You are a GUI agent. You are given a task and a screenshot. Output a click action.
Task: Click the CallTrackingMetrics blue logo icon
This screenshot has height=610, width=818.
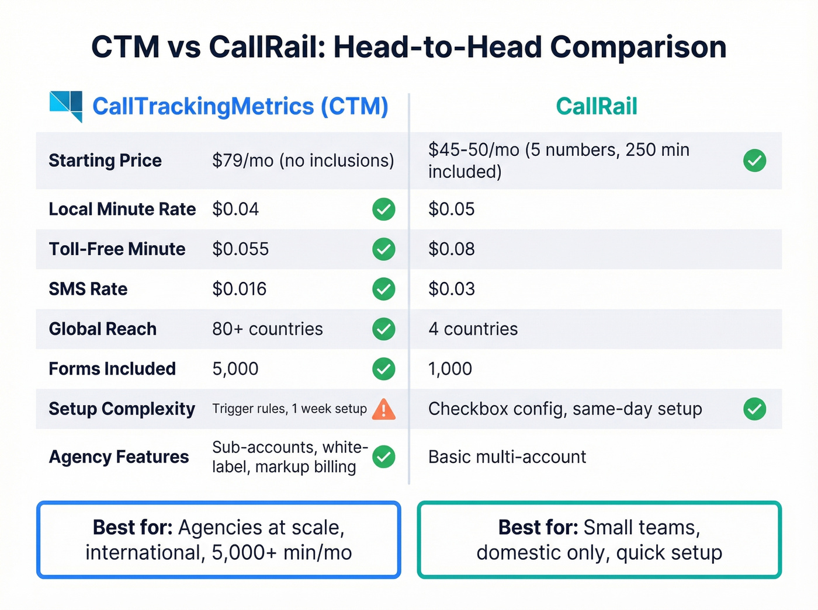click(67, 106)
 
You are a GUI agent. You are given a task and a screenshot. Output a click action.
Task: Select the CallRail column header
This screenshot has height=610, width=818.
click(596, 106)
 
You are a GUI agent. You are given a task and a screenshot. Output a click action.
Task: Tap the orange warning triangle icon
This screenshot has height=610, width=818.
click(383, 409)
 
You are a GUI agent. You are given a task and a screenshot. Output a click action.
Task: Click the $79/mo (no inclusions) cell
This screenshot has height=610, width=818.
click(303, 161)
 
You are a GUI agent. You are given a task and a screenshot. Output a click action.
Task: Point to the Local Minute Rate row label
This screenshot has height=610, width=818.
click(122, 209)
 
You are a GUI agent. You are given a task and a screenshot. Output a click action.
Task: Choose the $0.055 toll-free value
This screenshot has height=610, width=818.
click(240, 249)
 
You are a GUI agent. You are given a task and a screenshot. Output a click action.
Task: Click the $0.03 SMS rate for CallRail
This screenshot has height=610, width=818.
click(451, 289)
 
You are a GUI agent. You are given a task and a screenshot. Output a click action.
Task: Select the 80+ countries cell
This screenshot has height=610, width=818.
click(267, 329)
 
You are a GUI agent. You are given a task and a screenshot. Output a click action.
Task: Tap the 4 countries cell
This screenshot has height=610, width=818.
click(473, 329)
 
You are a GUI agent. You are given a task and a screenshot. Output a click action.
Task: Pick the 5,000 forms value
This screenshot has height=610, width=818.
click(235, 369)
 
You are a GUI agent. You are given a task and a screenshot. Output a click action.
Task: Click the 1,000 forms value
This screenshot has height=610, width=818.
click(450, 369)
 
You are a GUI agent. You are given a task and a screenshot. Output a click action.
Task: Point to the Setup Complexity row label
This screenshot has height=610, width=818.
click(122, 409)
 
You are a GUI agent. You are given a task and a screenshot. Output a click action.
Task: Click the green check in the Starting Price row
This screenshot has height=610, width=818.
click(754, 161)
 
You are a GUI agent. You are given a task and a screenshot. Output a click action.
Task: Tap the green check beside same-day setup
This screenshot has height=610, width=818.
click(754, 409)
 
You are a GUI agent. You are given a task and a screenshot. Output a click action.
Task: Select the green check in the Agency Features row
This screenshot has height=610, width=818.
click(383, 457)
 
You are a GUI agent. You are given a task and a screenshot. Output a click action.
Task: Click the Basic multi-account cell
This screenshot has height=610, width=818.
click(507, 457)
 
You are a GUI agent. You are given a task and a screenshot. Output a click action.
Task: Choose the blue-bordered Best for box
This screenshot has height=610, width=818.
click(219, 540)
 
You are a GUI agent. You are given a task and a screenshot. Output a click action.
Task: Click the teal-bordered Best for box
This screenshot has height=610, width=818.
click(599, 540)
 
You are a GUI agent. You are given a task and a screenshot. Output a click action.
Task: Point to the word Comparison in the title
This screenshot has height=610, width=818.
click(638, 47)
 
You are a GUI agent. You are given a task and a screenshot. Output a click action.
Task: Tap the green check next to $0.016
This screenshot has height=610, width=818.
click(383, 289)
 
